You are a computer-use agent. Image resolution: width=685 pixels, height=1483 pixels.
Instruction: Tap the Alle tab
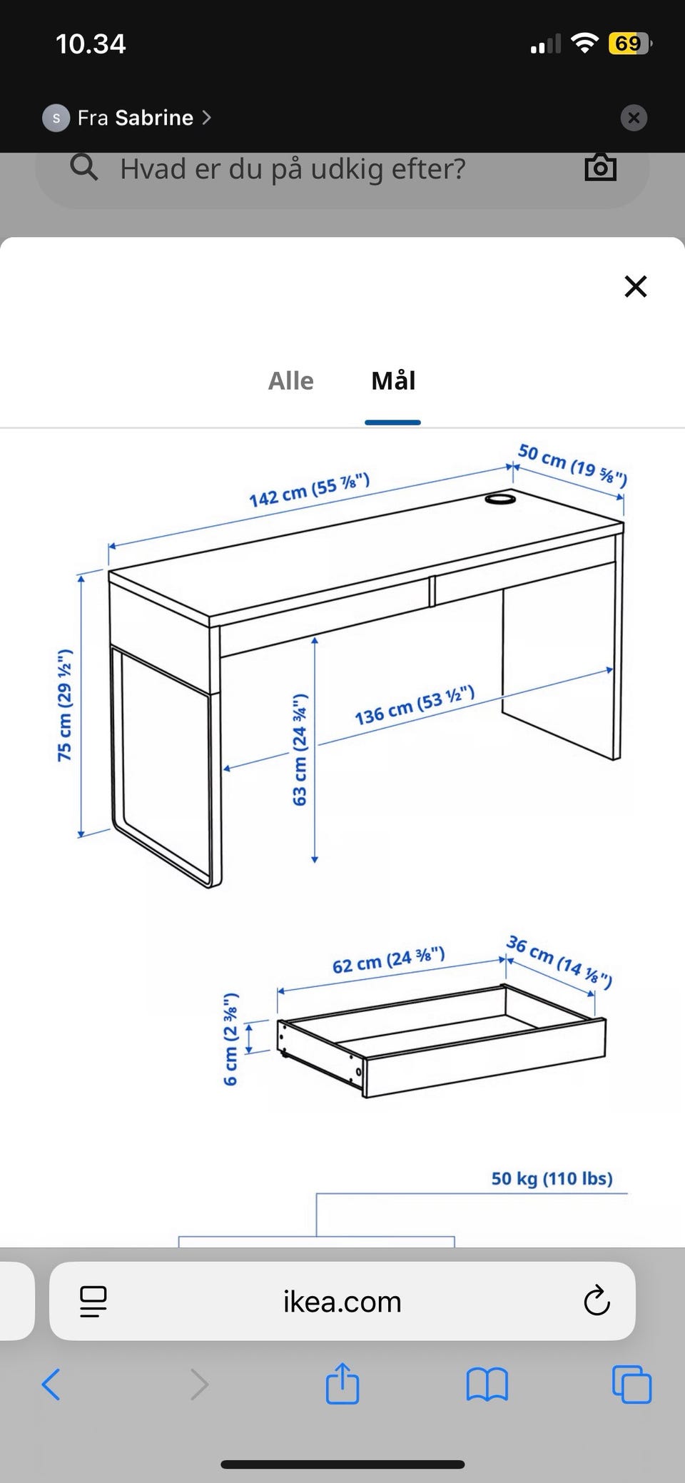point(290,381)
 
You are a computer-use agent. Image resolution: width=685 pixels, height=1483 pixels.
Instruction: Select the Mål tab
point(393,381)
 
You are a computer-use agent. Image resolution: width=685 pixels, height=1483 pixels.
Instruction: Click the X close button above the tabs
point(635,286)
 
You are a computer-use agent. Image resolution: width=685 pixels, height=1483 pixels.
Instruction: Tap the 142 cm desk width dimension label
point(309,490)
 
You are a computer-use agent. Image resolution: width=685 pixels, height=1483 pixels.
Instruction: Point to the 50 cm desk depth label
point(572,465)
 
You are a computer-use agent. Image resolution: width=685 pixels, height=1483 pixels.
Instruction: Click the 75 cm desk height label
point(65,705)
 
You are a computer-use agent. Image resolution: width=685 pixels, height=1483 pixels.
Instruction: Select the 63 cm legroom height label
point(300,749)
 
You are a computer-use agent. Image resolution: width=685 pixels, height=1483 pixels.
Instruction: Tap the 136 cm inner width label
point(415,705)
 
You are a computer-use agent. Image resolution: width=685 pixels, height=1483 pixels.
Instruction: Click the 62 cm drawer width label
point(389,960)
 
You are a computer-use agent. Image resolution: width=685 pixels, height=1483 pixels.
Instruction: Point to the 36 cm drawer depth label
point(559,962)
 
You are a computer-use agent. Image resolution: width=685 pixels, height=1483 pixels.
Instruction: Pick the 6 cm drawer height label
point(230,1038)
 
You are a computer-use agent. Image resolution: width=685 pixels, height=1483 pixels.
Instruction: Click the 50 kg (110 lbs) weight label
point(552,1178)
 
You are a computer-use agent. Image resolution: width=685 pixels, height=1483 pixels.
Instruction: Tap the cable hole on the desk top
point(500,499)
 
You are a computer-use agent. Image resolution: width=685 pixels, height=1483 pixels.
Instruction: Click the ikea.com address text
point(342,1302)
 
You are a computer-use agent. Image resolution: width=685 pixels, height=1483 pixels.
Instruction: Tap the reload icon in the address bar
point(597,1301)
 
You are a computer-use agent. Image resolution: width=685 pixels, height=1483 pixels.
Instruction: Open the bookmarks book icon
point(487,1385)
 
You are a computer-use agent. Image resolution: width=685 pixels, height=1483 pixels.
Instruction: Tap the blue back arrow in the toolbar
point(51,1385)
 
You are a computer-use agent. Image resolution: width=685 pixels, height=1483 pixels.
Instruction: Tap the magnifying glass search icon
point(84,168)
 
